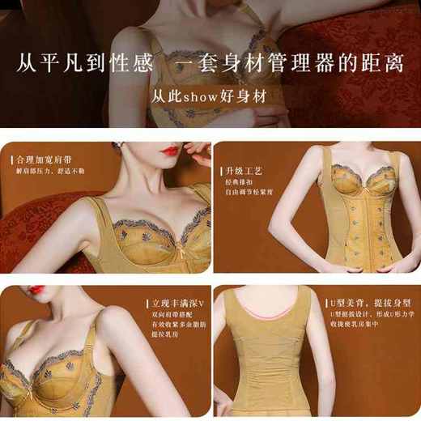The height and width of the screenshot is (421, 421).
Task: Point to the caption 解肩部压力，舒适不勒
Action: (50, 171)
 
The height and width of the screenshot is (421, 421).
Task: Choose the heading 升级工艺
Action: (240, 172)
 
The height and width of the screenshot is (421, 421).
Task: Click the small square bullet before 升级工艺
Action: (219, 172)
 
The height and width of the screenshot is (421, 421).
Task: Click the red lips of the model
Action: (169, 151)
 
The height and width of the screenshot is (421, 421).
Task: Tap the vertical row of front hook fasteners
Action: (354, 227)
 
